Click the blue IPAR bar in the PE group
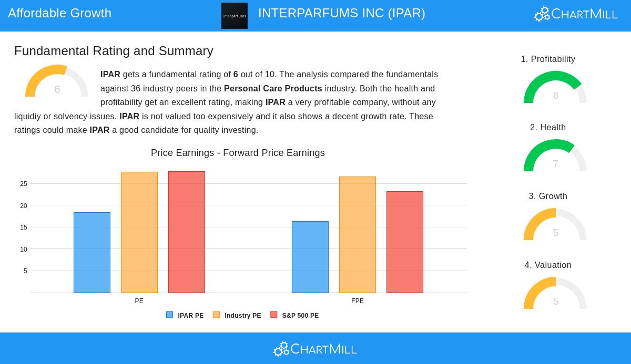click(92, 253)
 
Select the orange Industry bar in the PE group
click(139, 232)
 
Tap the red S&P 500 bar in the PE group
click(187, 232)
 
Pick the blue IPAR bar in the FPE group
click(310, 257)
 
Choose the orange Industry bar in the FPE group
click(358, 235)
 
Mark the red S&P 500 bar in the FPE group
click(405, 242)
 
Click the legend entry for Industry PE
click(237, 316)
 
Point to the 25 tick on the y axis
click(24, 184)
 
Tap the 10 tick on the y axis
click(24, 249)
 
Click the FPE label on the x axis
click(358, 301)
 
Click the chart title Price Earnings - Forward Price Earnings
click(238, 153)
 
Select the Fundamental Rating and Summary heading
click(114, 51)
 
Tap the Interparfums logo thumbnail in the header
click(235, 16)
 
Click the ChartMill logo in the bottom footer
click(315, 349)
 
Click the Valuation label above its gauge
click(548, 265)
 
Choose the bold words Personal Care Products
click(273, 89)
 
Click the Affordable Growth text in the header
click(60, 13)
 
